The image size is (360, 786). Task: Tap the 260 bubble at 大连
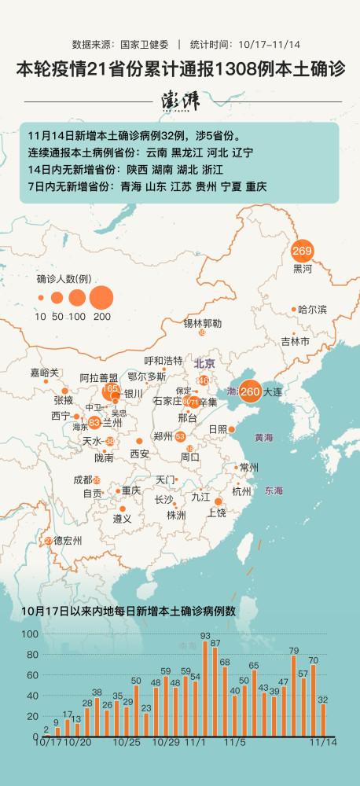click(x=250, y=391)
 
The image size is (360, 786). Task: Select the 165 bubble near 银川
click(x=111, y=389)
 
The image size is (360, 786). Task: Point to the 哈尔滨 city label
click(x=312, y=310)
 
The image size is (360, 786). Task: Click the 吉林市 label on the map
click(x=295, y=341)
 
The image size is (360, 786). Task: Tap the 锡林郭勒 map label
click(x=203, y=323)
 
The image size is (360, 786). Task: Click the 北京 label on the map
click(x=204, y=363)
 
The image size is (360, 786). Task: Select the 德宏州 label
click(x=68, y=541)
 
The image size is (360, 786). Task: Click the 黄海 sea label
click(x=264, y=437)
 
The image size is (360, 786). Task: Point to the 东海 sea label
click(x=274, y=491)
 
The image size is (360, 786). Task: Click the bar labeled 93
click(x=205, y=688)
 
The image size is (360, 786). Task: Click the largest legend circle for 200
click(x=101, y=297)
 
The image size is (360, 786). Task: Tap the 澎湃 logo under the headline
click(x=180, y=101)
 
